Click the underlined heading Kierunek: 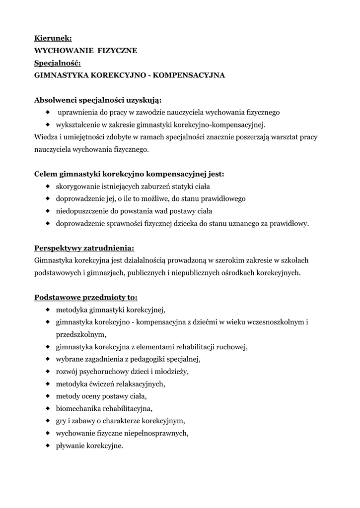(53, 38)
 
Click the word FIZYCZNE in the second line (118, 51)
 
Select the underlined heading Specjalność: (57, 63)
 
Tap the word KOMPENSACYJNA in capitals (190, 75)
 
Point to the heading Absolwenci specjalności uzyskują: (98, 100)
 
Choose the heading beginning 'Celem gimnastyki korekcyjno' (129, 174)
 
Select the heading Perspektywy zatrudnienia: (84, 248)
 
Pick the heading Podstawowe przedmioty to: (86, 298)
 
